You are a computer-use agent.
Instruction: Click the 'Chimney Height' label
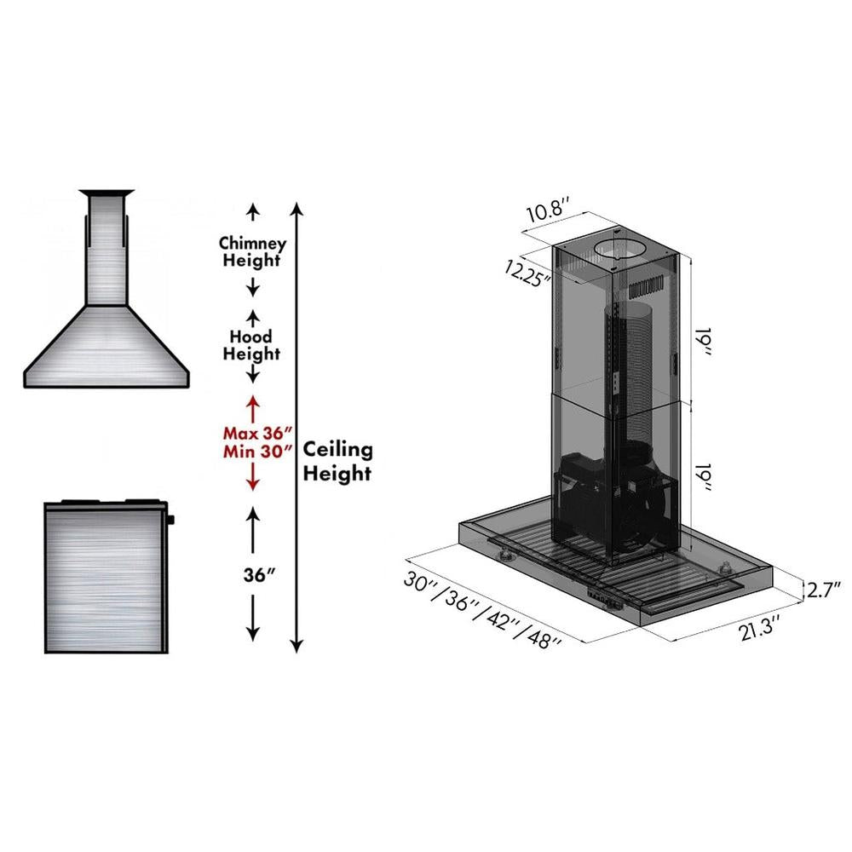click(251, 251)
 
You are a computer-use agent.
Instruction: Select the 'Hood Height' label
click(251, 344)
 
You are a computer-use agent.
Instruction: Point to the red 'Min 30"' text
click(253, 452)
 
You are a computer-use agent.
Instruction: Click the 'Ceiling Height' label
click(338, 460)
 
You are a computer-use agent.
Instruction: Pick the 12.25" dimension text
click(527, 273)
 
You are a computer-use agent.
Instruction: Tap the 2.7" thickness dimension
click(824, 588)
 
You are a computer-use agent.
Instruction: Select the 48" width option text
click(543, 636)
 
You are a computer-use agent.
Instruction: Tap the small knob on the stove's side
click(170, 519)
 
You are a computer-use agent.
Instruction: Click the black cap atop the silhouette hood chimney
click(106, 193)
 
